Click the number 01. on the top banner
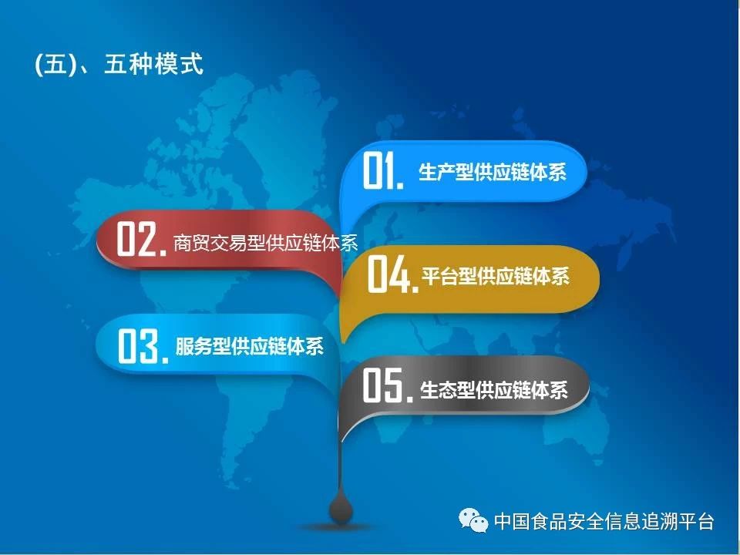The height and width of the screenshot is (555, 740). click(383, 170)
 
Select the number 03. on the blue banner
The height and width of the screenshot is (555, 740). click(143, 346)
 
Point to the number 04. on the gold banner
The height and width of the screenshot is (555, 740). click(392, 274)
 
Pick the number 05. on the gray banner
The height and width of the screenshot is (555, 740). click(388, 385)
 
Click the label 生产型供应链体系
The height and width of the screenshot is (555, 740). click(493, 172)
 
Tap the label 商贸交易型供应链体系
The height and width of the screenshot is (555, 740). click(265, 243)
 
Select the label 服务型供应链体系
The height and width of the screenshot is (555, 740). click(250, 347)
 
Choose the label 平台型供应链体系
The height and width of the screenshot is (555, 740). click(496, 276)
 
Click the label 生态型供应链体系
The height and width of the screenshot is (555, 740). click(493, 391)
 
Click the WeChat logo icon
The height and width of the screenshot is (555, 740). click(473, 521)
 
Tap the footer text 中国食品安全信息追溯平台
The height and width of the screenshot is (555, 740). click(604, 522)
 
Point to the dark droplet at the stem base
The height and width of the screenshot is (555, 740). click(341, 508)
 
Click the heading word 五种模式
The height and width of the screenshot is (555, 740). click(154, 64)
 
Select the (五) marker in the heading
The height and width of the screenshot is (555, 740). click(55, 64)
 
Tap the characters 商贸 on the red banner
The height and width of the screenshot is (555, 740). click(192, 243)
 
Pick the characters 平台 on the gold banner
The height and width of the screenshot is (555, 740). click(440, 276)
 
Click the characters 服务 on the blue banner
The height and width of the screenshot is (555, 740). click(194, 347)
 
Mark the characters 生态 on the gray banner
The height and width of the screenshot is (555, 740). click(438, 391)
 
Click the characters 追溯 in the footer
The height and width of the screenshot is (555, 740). click(659, 522)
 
